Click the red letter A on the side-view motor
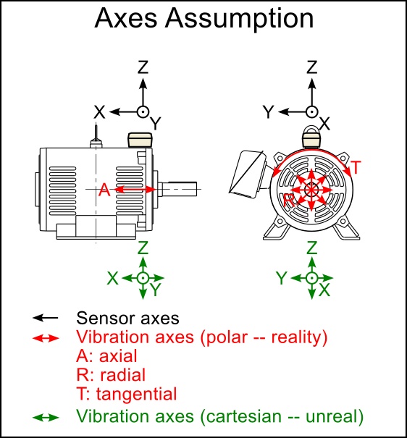point(104,190)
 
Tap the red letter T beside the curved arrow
point(356,167)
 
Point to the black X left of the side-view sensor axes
point(100,111)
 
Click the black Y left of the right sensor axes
point(267,111)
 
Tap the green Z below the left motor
point(143,248)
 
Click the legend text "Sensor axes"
point(127,318)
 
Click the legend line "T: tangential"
point(126,394)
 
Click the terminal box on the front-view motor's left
point(246,174)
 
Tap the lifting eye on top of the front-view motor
point(311,135)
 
